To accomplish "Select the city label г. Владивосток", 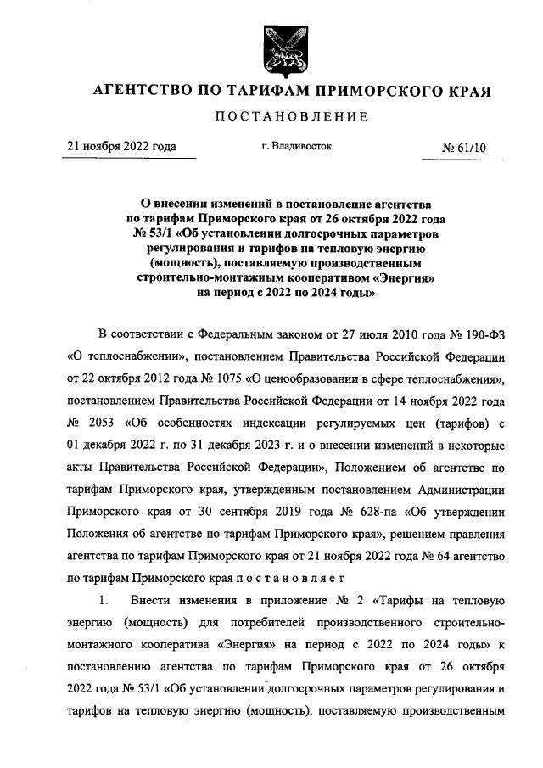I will (x=297, y=146).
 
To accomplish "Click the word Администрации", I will (x=462, y=490).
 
